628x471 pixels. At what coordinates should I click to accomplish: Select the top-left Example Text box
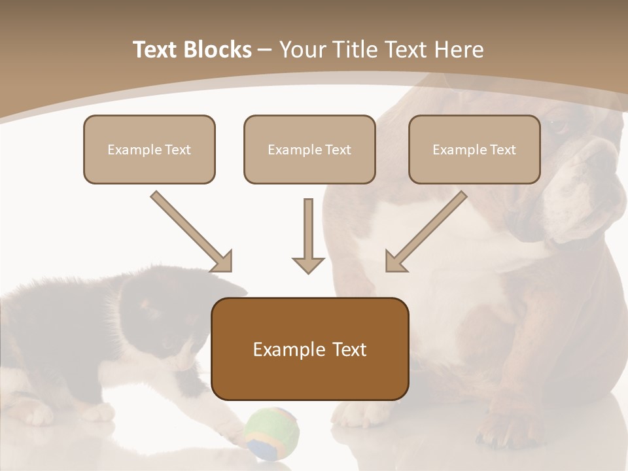[149, 150]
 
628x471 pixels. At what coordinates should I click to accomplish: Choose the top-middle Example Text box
[309, 150]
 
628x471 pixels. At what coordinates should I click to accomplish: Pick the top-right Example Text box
[474, 150]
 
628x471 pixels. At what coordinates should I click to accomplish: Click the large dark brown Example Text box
[309, 349]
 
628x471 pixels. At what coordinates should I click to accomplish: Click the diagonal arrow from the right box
[425, 232]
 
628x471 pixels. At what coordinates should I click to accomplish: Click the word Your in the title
[302, 50]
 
